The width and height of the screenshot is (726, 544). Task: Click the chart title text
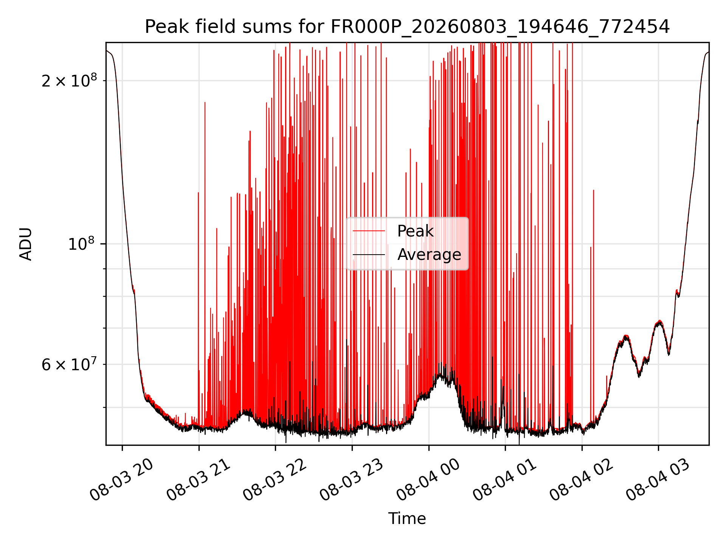click(x=407, y=27)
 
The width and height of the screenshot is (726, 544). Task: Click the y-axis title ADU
click(x=26, y=244)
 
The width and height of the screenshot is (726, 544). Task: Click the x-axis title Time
click(x=407, y=519)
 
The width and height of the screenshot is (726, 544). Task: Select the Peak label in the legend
click(x=415, y=231)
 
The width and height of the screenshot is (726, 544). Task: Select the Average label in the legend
click(x=429, y=255)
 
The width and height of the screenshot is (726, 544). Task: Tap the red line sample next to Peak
click(x=369, y=231)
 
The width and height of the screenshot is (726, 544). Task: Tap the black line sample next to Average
click(x=369, y=255)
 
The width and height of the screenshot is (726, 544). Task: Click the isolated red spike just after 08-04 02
click(x=593, y=302)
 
